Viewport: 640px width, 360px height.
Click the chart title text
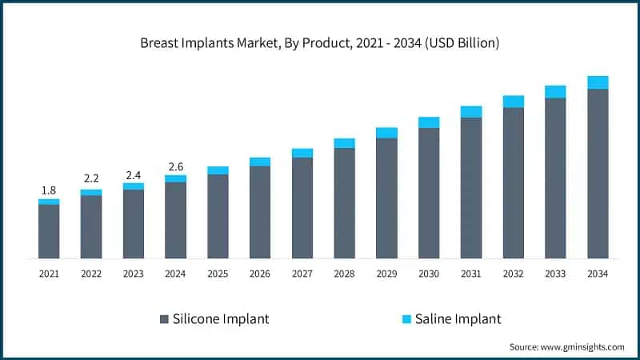coord(320,43)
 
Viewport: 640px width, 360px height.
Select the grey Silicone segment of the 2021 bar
coord(49,231)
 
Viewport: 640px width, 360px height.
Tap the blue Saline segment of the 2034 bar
coord(598,82)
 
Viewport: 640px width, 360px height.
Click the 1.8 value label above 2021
coord(49,190)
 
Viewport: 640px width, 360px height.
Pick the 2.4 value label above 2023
coord(134,174)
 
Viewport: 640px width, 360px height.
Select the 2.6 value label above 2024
coord(175,166)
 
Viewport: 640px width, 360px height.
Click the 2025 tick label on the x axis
coord(218,274)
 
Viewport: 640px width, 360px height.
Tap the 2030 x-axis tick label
coord(429,274)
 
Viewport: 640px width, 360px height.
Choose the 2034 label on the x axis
coord(598,274)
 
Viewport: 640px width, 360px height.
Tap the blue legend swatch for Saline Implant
coord(406,318)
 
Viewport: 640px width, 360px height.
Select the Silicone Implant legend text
coord(221,318)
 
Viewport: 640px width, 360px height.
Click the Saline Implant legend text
coord(458,318)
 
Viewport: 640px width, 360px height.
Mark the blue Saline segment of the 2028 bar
coord(344,143)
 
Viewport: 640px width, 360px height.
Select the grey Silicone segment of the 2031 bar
coord(471,188)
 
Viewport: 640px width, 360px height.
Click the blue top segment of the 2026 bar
coord(260,162)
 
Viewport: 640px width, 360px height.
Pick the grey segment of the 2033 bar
coord(555,178)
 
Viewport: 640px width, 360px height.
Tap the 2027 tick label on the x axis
coord(302,274)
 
